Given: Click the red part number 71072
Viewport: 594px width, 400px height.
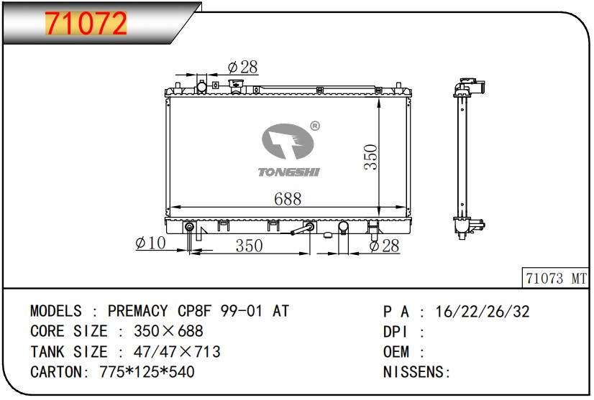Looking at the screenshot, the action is click(x=86, y=23).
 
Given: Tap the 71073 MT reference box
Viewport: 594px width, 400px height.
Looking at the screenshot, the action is click(x=556, y=279).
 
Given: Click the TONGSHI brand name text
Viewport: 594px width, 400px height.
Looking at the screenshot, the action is click(x=289, y=172).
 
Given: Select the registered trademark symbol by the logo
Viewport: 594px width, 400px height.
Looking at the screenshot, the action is click(x=315, y=126).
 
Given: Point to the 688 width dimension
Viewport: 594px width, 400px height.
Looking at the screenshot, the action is click(x=288, y=199).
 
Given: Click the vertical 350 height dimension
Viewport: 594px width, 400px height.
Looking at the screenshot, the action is click(x=371, y=157).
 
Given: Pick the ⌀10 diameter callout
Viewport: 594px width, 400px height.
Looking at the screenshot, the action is click(x=150, y=243).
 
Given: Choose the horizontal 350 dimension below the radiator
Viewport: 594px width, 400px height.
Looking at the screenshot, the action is click(x=249, y=246).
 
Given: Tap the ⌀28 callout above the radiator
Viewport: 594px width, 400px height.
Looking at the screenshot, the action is click(x=242, y=67).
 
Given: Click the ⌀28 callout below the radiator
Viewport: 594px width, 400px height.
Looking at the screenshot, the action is click(x=384, y=246).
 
